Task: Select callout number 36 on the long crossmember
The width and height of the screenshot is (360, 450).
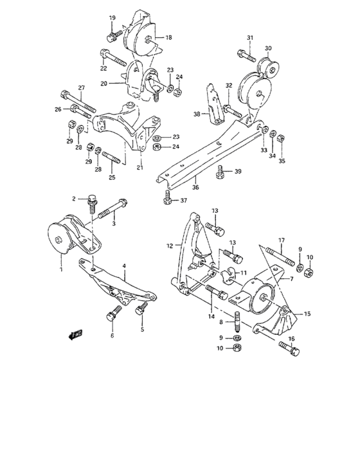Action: pyautogui.click(x=195, y=188)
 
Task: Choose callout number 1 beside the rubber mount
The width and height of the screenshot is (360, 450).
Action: pyautogui.click(x=62, y=263)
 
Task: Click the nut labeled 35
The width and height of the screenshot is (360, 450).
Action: pyautogui.click(x=281, y=138)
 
